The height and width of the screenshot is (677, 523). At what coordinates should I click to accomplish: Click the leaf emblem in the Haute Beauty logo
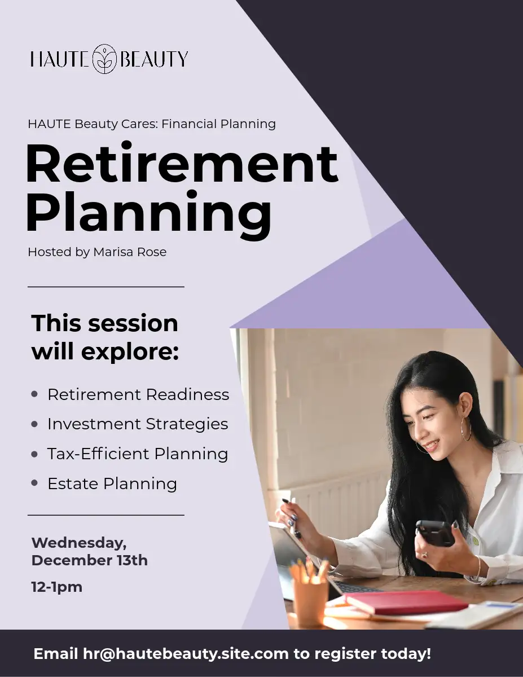tap(104, 59)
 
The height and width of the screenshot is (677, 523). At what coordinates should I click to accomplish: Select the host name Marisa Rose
tap(130, 252)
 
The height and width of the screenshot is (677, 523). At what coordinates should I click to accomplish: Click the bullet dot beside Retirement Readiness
tap(34, 394)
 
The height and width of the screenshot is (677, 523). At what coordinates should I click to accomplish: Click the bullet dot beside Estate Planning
tap(34, 483)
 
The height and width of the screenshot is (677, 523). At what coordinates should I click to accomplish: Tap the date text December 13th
tap(90, 560)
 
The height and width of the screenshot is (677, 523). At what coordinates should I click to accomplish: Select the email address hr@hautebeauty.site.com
tap(186, 654)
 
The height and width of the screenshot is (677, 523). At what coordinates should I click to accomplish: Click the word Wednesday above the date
tap(79, 544)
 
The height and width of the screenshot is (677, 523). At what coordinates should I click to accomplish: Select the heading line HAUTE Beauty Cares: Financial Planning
tap(152, 124)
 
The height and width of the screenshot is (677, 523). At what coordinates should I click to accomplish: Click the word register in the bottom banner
tap(345, 654)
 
